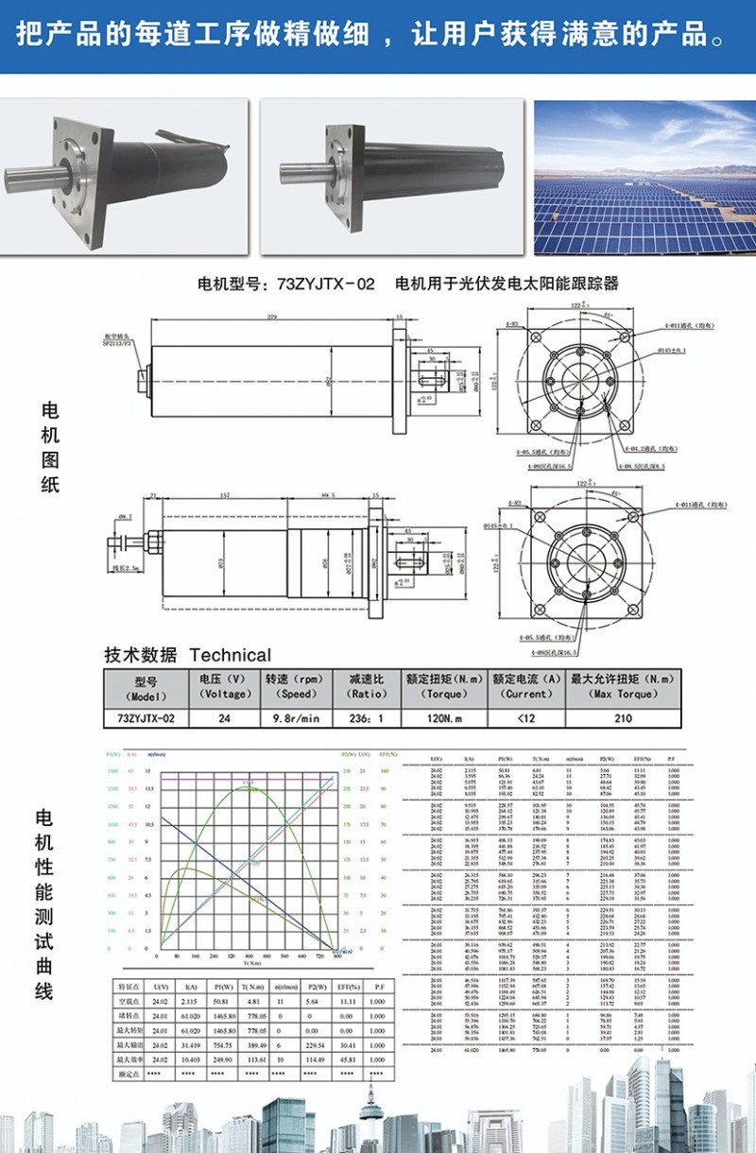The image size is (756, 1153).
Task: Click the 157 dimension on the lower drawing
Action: tap(224, 496)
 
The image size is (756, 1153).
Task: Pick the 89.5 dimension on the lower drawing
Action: tap(328, 496)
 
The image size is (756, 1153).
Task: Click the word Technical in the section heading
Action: tap(231, 655)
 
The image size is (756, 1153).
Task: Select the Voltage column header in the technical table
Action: tap(223, 686)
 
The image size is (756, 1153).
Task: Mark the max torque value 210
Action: tap(622, 718)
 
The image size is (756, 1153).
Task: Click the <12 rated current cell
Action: tap(525, 718)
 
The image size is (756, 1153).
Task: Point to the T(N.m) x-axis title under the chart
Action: tap(251, 963)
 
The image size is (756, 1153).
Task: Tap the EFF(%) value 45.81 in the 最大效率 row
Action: tap(352, 1061)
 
